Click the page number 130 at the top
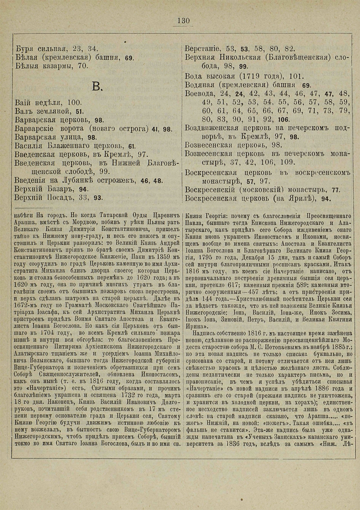(183, 21)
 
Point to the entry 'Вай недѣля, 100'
(49, 102)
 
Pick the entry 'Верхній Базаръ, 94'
(52, 188)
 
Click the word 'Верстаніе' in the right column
(203, 49)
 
